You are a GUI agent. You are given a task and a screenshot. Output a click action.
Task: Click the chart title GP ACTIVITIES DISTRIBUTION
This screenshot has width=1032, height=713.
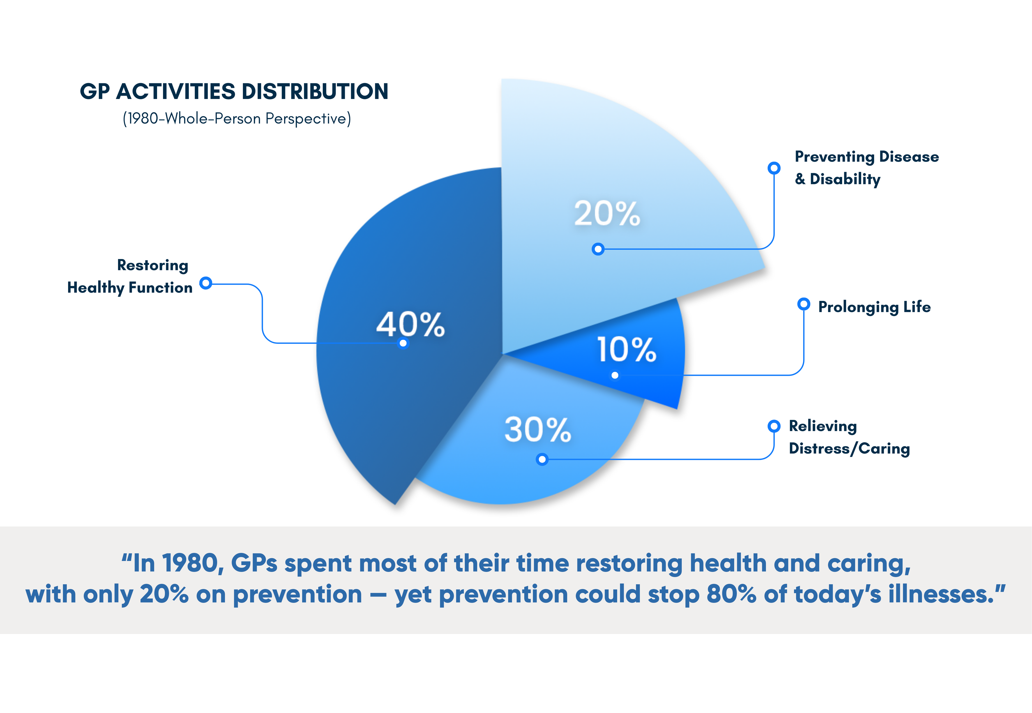[x=234, y=92]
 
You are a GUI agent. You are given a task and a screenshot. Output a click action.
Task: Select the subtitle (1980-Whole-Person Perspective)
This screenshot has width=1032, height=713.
[x=237, y=118]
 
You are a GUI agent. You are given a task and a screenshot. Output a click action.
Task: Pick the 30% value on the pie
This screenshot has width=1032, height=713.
[x=538, y=430]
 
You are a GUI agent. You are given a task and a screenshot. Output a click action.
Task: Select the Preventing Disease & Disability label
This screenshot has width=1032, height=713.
[x=866, y=168]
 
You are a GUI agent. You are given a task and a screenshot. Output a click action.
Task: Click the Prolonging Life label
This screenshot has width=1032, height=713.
[x=874, y=307]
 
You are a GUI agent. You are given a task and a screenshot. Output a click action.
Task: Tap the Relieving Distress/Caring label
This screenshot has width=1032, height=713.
[x=849, y=437]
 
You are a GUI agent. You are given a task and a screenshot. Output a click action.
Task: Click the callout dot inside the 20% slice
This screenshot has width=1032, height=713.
[x=598, y=249]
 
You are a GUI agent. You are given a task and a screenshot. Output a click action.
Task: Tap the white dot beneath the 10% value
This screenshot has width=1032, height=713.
[x=615, y=375]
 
